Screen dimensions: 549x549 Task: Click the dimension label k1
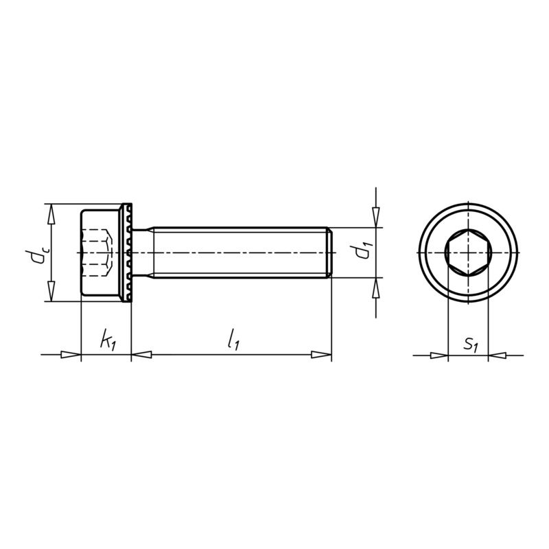tap(106, 340)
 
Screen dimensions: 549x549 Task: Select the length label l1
tap(233, 338)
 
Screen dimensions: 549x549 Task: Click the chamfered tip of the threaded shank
tap(330, 253)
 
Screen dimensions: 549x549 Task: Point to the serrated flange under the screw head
tap(127, 253)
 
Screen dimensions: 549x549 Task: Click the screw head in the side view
tap(101, 253)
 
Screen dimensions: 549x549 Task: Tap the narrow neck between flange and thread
tap(141, 253)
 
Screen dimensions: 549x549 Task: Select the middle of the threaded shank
tap(240, 253)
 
